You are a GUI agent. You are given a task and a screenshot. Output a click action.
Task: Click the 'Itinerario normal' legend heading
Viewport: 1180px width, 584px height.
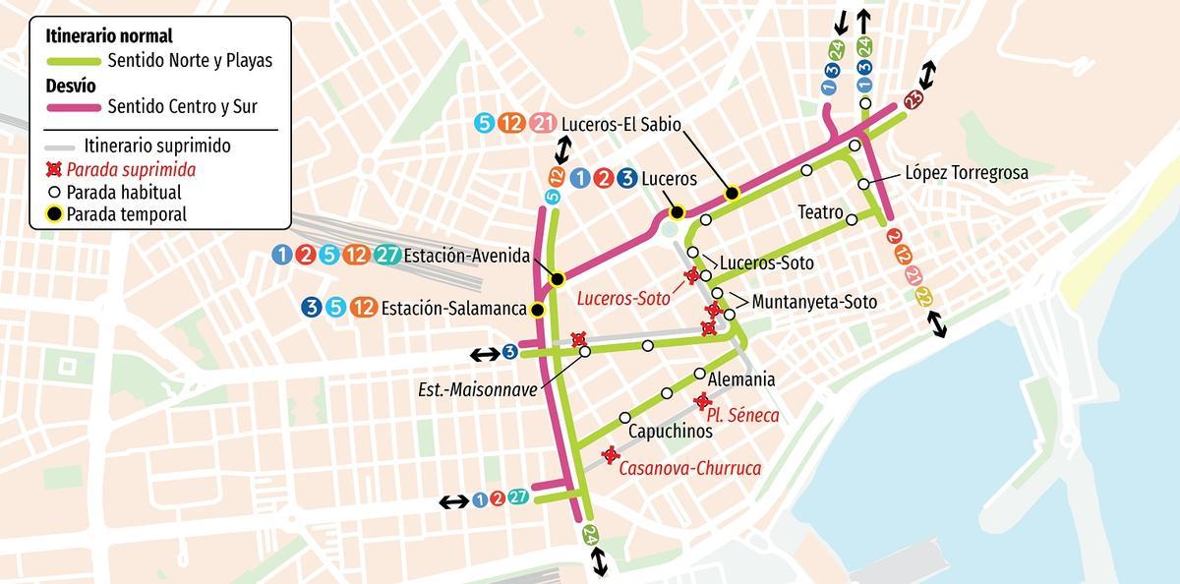coord(109,36)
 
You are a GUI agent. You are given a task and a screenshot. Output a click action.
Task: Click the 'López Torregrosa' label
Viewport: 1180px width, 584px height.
coord(966,173)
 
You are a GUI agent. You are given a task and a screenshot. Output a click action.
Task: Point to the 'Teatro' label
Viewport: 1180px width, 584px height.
coord(820,212)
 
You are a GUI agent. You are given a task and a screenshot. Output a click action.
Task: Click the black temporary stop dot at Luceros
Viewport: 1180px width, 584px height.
coord(677,212)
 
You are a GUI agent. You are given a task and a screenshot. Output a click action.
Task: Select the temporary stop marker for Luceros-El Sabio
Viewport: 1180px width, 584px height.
coord(732,193)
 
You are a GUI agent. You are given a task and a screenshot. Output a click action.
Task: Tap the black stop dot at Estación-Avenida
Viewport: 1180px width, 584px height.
coord(557,279)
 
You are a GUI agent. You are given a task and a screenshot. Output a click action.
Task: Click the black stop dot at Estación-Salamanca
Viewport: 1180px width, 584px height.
coord(538,311)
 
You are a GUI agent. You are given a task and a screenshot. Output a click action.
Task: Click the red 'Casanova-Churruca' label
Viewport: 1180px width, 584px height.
coord(689,468)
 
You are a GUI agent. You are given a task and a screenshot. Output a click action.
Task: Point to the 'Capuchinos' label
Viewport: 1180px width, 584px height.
coord(670,431)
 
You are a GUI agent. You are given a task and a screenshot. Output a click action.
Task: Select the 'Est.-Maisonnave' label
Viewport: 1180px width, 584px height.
coord(478,389)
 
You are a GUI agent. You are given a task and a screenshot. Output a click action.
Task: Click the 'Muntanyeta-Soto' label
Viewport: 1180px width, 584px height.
coord(813,302)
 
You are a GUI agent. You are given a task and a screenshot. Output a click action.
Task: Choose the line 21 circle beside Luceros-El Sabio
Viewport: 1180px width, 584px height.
coord(542,124)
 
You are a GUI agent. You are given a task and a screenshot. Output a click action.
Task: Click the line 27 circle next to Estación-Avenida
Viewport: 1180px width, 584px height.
coord(387,256)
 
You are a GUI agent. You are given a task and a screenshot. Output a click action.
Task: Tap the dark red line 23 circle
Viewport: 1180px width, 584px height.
coord(914,98)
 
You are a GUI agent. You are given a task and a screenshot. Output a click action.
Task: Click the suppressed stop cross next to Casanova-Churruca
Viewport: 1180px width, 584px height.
coord(610,454)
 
